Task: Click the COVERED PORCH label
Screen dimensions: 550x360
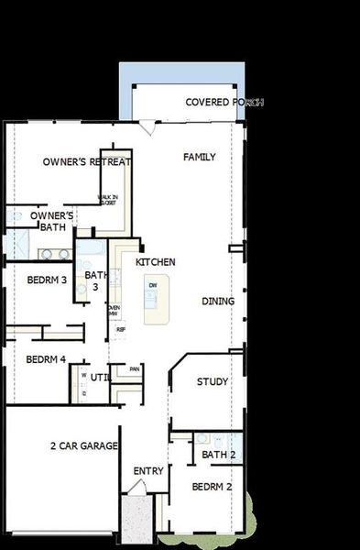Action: pyautogui.click(x=224, y=103)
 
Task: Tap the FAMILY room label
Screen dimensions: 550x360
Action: pyautogui.click(x=200, y=158)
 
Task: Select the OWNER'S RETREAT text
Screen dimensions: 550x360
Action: pyautogui.click(x=87, y=162)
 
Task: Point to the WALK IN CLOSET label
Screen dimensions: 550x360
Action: pyautogui.click(x=107, y=199)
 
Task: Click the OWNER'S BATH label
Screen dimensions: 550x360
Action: pyautogui.click(x=51, y=221)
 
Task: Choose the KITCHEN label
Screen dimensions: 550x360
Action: pyautogui.click(x=156, y=262)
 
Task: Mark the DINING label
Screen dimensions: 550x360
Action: pyautogui.click(x=218, y=302)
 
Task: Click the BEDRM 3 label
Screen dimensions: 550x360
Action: pyautogui.click(x=47, y=280)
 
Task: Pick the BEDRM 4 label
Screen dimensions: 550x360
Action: pyautogui.click(x=46, y=359)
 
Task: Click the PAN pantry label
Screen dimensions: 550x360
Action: pyautogui.click(x=135, y=369)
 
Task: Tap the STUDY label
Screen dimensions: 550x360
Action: pyautogui.click(x=213, y=382)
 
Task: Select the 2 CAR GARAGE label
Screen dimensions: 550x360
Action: pyautogui.click(x=83, y=446)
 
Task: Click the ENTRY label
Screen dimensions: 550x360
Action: pyautogui.click(x=148, y=471)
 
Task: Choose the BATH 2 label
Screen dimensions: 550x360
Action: pyautogui.click(x=219, y=455)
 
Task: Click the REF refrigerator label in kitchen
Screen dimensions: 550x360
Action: pyautogui.click(x=121, y=329)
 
